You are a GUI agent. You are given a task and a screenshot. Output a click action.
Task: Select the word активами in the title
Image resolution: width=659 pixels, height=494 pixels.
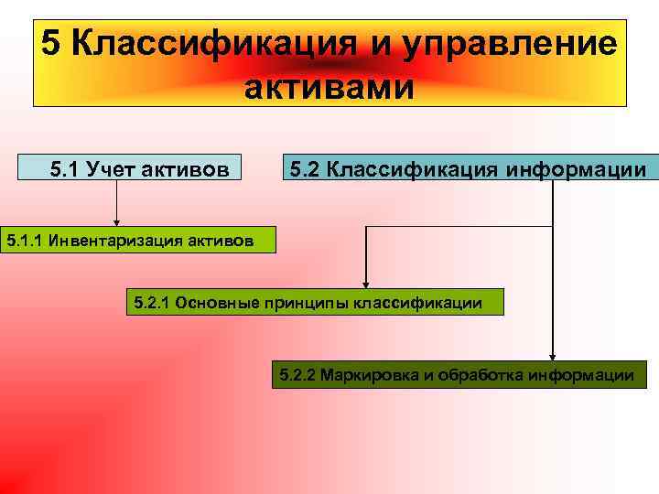pyautogui.click(x=329, y=89)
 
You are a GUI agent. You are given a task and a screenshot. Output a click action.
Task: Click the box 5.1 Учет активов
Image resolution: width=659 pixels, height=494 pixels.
pyautogui.click(x=129, y=167)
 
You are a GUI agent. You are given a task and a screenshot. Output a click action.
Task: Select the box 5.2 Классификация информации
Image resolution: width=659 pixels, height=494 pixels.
pyautogui.click(x=470, y=167)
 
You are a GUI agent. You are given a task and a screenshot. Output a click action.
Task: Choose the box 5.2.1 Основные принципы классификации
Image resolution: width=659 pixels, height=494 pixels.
pyautogui.click(x=314, y=302)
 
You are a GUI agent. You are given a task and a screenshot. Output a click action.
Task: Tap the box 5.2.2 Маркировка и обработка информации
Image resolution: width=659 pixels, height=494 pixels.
pyautogui.click(x=459, y=374)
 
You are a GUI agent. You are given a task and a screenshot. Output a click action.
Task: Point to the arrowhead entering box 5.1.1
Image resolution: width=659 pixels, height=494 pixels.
pyautogui.click(x=116, y=221)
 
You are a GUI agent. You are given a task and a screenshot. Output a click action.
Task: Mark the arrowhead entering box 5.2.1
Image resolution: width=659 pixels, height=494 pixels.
pyautogui.click(x=366, y=284)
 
